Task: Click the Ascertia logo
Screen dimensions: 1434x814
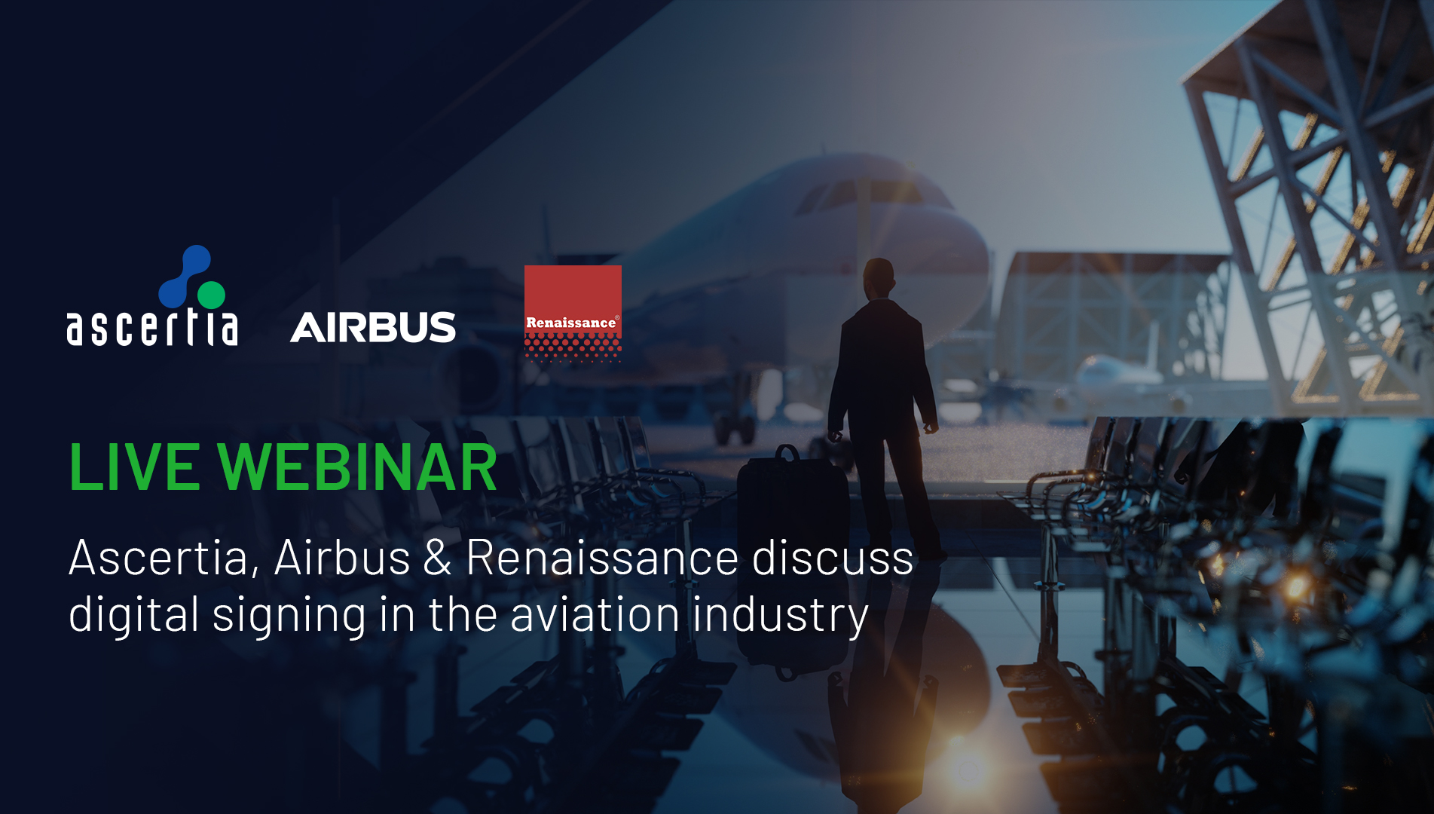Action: click(152, 296)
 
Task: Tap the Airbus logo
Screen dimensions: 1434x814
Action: click(373, 327)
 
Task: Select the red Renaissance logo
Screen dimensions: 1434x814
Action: click(573, 313)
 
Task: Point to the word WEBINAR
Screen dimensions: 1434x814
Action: click(358, 467)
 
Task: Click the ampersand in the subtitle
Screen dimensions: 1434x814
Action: click(437, 558)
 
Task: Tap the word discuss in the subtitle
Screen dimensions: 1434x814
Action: click(833, 558)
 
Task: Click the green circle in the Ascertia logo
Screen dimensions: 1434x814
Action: click(212, 295)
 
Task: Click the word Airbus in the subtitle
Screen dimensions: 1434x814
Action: click(342, 558)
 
